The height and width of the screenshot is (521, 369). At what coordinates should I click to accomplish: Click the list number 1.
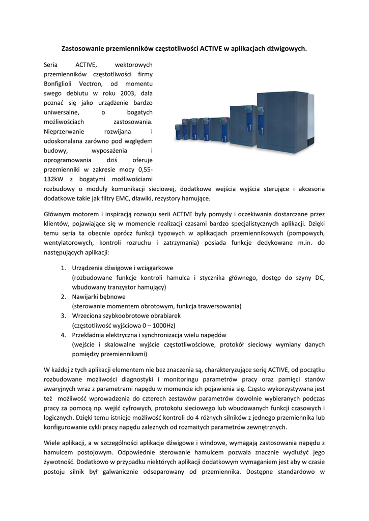coord(64,268)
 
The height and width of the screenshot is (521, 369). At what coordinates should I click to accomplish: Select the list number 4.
coord(64,335)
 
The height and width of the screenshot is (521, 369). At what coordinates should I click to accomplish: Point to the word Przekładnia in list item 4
coord(91,335)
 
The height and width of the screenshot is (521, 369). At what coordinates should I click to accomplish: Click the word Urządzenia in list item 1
coord(90,268)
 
